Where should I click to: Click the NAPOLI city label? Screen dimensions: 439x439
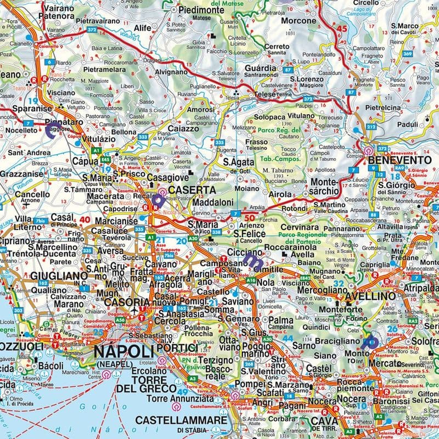(123, 351)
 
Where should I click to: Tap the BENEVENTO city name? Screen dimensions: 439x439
(401, 160)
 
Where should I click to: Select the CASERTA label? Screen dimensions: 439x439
(192, 189)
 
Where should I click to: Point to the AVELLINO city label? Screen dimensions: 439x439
(369, 296)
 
